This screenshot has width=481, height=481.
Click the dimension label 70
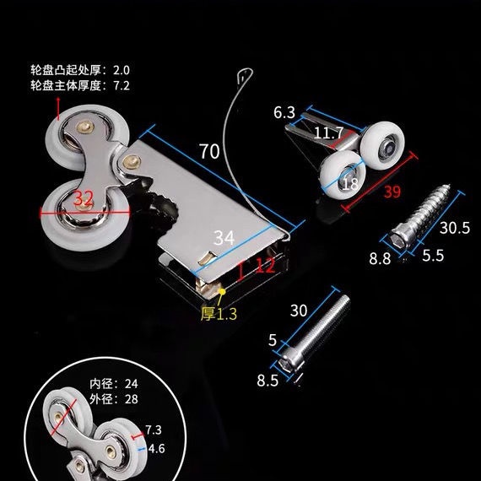(x=209, y=151)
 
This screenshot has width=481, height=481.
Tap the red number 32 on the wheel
(x=84, y=198)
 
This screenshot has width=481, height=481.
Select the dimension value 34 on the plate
(x=224, y=238)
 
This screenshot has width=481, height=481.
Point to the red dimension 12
(x=265, y=266)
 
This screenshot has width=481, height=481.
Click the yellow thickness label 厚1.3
(x=219, y=314)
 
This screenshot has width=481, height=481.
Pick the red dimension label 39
(x=392, y=192)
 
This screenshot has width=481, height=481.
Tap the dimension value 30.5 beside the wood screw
(x=455, y=228)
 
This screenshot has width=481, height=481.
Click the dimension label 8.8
(x=380, y=258)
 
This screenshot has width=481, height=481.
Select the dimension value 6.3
(x=284, y=112)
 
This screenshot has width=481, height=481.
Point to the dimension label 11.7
(x=328, y=133)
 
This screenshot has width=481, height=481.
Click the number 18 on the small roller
(x=350, y=184)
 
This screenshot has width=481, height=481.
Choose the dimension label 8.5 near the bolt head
(x=268, y=381)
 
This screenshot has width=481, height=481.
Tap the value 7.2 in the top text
(x=122, y=85)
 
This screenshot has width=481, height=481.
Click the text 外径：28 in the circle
(x=114, y=399)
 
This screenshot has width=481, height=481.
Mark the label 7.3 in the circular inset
(x=153, y=430)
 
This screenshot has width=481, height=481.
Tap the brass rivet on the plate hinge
(x=132, y=161)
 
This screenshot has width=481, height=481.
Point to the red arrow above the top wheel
(x=58, y=109)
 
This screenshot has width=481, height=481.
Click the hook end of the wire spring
(x=245, y=74)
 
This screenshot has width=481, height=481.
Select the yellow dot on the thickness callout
(x=223, y=291)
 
